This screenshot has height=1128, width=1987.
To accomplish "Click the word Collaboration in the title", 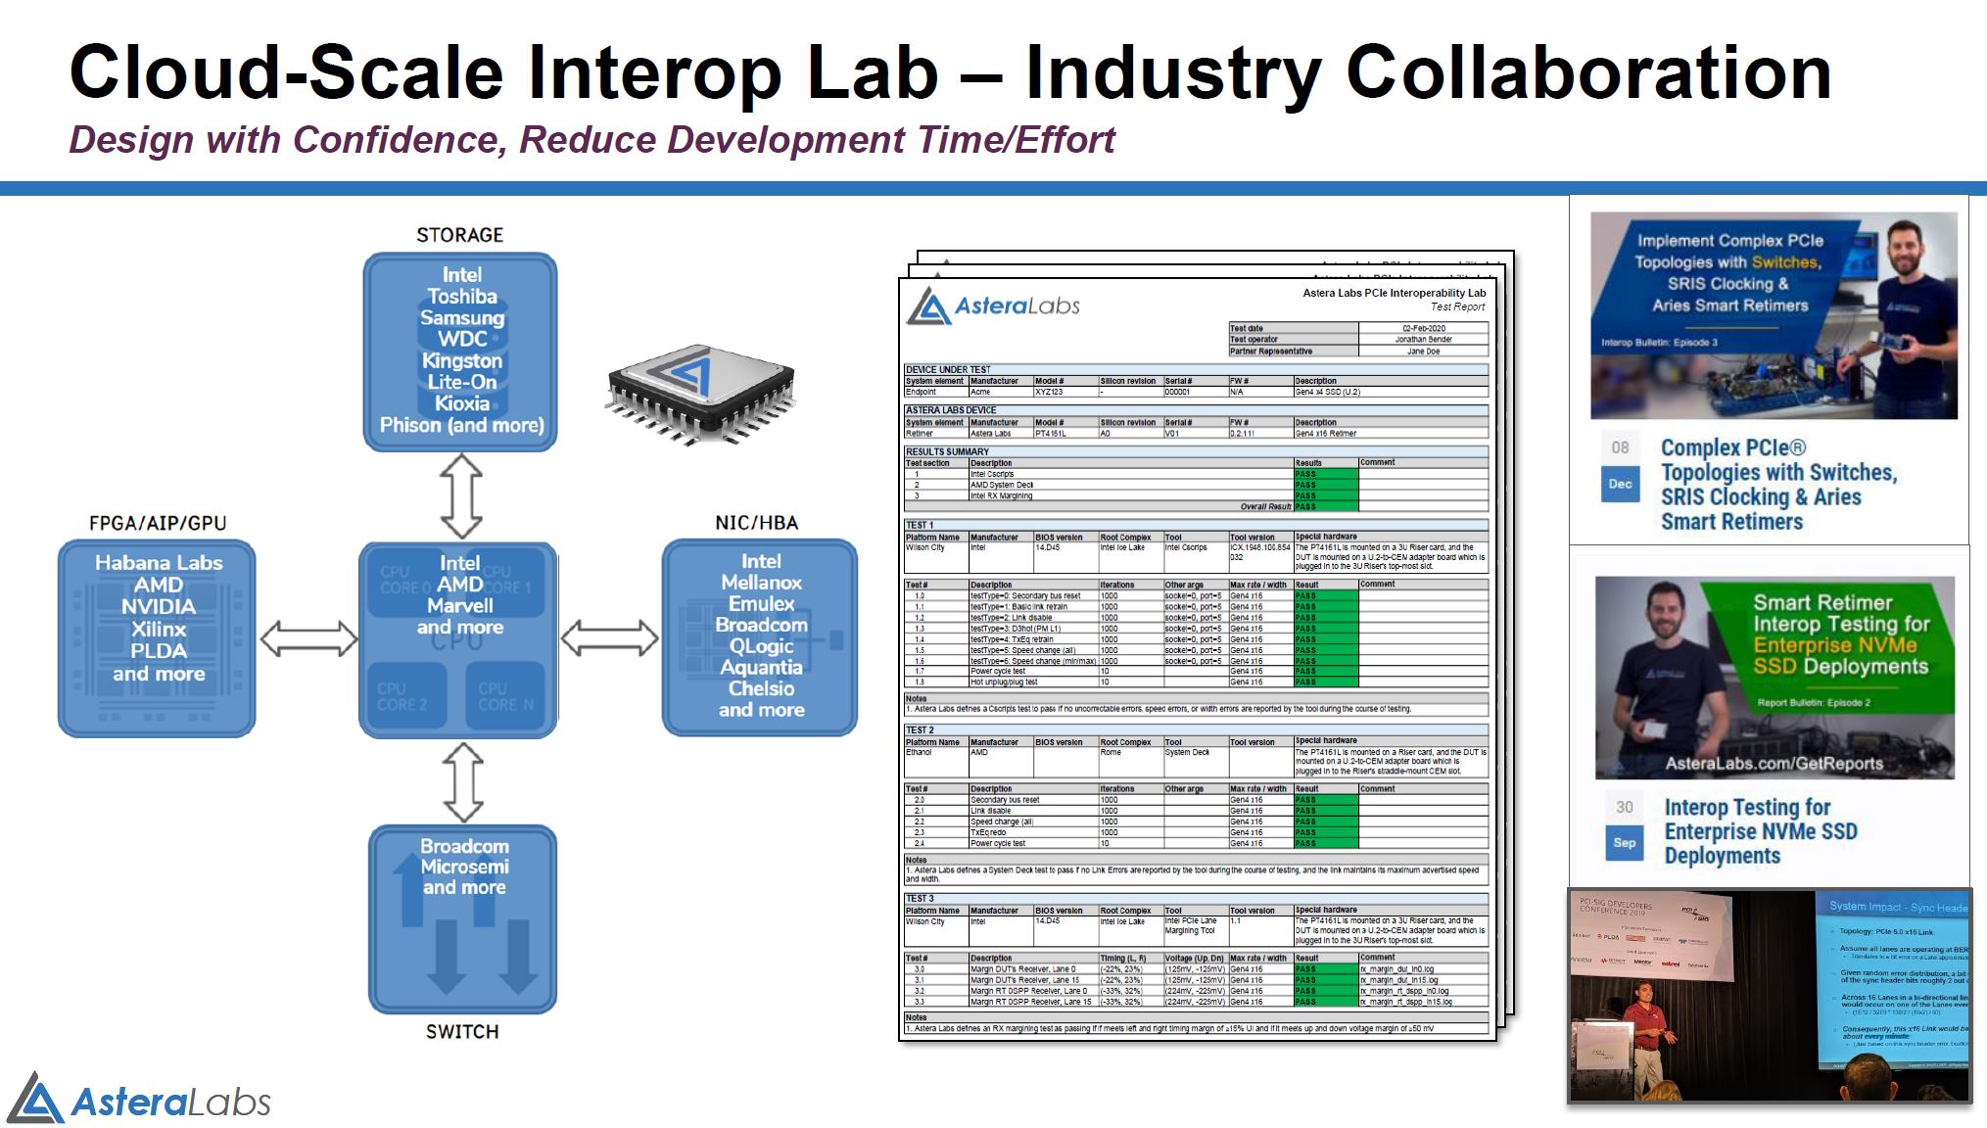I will [1587, 73].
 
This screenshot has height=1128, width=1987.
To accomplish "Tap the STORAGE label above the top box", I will [459, 235].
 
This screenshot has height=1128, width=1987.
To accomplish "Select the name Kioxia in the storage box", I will [461, 403].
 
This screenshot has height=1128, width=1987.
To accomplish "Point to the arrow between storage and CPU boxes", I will [461, 495].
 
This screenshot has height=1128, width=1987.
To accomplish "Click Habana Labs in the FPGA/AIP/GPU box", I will [159, 563].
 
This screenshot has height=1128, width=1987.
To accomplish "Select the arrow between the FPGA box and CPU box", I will [309, 638].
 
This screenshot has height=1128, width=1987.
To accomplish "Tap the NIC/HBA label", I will [756, 523].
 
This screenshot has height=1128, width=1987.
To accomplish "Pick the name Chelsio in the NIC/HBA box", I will [761, 688].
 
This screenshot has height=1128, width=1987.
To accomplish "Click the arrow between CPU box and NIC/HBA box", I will [609, 638].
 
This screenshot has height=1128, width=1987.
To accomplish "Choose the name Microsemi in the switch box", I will [464, 867].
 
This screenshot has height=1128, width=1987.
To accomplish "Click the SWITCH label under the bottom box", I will [461, 1031].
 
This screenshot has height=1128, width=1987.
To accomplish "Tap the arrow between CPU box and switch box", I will [463, 781].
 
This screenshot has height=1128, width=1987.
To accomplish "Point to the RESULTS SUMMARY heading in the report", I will [947, 451].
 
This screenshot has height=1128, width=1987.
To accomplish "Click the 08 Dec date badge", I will [1621, 466].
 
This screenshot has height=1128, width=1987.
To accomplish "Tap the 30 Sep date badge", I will [1625, 824].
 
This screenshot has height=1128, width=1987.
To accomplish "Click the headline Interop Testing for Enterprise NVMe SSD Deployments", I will [1760, 831].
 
